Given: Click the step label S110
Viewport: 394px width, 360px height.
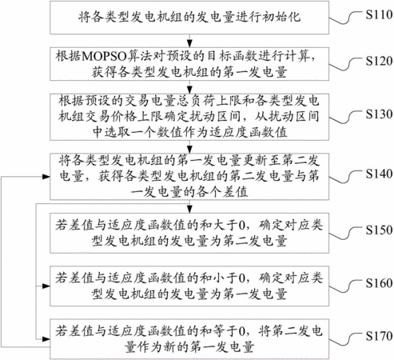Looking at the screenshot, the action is pyautogui.click(x=379, y=14).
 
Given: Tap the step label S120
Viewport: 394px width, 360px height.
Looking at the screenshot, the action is pyautogui.click(x=379, y=61).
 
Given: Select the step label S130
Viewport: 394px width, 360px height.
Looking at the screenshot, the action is pyautogui.click(x=379, y=114).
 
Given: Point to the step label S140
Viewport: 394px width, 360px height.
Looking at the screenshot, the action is pyautogui.click(x=379, y=174).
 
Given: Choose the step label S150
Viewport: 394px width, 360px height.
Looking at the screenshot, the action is pyautogui.click(x=379, y=230).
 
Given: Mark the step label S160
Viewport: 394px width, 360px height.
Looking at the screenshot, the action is pyautogui.click(x=379, y=283).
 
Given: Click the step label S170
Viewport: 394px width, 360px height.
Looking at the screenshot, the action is pyautogui.click(x=379, y=336).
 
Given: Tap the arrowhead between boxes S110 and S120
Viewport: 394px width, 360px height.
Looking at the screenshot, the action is pyautogui.click(x=189, y=43).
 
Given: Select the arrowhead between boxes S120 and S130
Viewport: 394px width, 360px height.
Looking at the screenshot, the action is pyautogui.click(x=189, y=90).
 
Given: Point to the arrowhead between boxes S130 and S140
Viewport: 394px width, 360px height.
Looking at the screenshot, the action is pyautogui.click(x=189, y=150).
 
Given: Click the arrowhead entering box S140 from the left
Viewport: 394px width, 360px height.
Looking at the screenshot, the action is pyautogui.click(x=46, y=177).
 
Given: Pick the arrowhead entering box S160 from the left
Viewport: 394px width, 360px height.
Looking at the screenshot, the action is pyautogui.click(x=46, y=286).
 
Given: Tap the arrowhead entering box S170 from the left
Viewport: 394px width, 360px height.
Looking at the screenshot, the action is pyautogui.click(x=46, y=339).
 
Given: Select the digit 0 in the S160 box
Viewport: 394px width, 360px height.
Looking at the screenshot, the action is pyautogui.click(x=241, y=279).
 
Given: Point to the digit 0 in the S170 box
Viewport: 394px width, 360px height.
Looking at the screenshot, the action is pyautogui.click(x=241, y=332).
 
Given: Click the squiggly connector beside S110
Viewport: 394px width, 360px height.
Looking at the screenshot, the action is pyautogui.click(x=346, y=18).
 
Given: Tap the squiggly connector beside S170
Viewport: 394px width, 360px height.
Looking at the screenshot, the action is pyautogui.click(x=346, y=340).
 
